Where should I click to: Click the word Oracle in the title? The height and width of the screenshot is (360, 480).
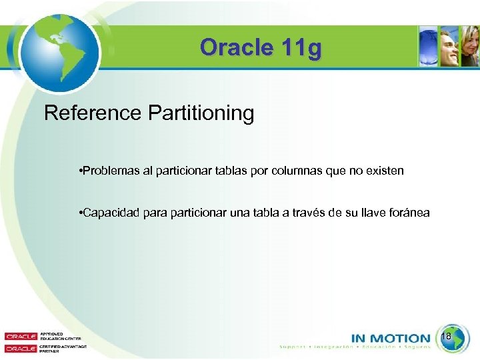230,48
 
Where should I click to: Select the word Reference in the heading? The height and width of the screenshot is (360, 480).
90,113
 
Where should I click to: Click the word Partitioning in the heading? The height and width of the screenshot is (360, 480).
198,113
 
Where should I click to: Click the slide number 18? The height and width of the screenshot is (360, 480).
447,337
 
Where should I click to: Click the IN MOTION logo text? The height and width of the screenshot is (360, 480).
390,338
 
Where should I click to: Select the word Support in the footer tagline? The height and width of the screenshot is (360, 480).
293,347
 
